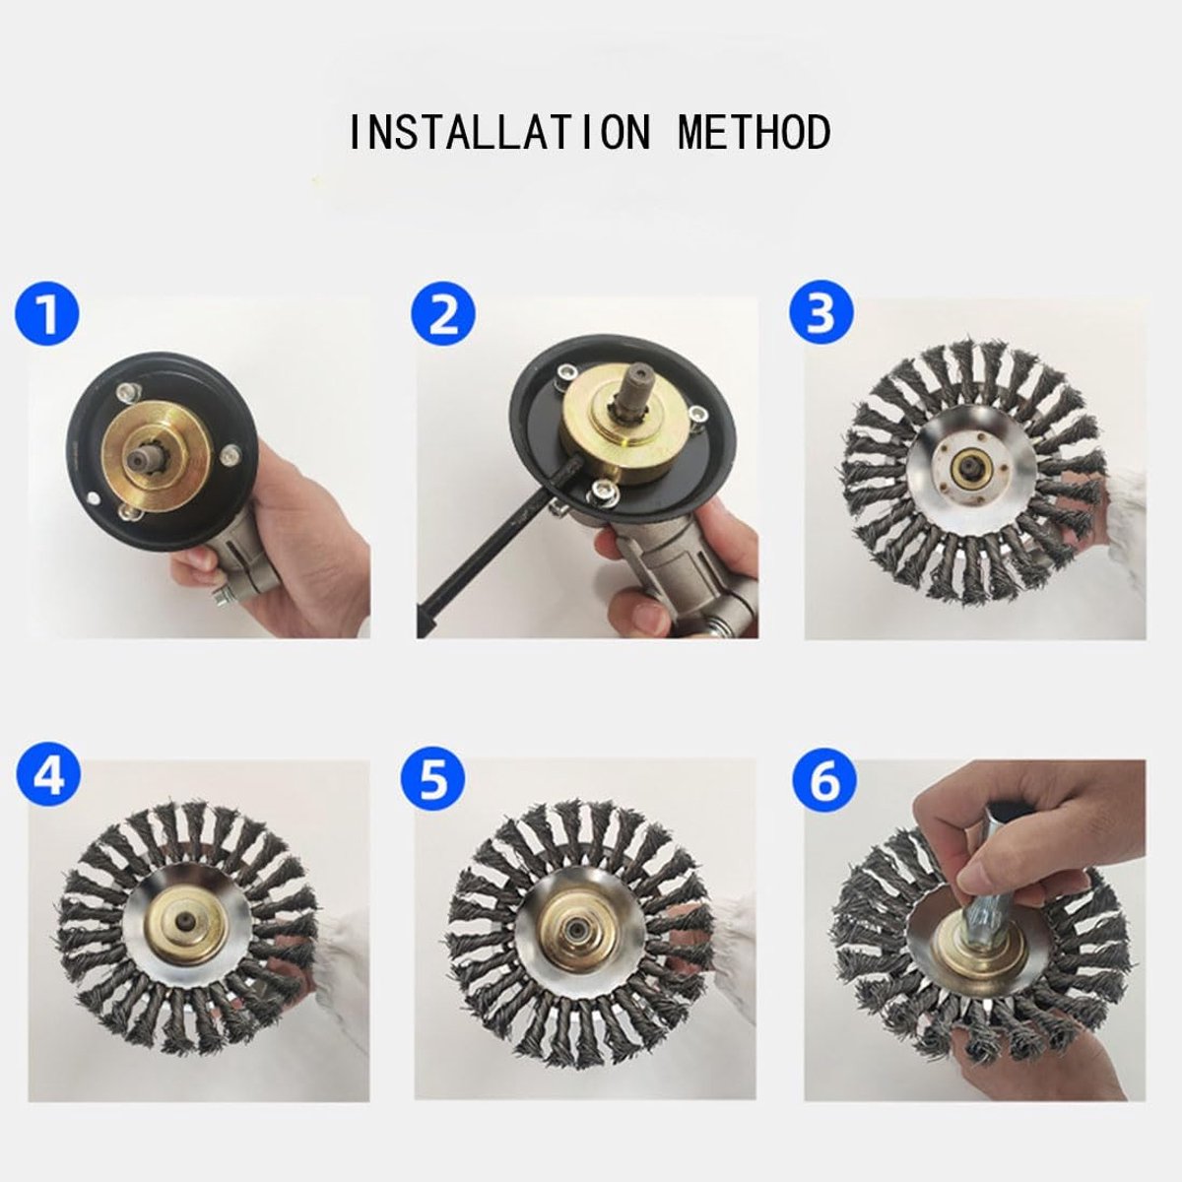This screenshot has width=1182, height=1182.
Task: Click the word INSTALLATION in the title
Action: (x=499, y=131)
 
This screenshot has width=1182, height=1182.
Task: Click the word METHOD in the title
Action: (x=755, y=131)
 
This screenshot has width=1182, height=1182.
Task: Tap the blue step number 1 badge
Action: (x=47, y=313)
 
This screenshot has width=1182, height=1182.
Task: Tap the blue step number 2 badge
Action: (x=443, y=314)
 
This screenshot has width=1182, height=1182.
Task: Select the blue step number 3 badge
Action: (x=821, y=313)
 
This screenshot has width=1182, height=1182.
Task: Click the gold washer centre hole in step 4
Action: (x=183, y=921)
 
